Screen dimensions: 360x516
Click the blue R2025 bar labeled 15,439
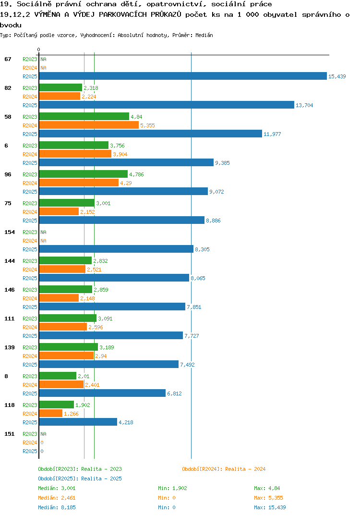tap(183, 76)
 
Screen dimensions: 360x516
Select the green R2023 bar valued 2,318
tap(60, 87)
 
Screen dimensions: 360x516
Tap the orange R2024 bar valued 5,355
tap(89, 125)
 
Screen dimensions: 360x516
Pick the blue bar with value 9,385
tap(126, 162)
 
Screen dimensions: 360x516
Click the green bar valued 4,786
tap(83, 174)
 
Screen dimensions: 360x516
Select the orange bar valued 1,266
tap(50, 413)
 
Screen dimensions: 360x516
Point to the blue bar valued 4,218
tap(78, 422)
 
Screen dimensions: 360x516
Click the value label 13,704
tap(304, 105)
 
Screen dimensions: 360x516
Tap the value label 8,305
tap(202, 249)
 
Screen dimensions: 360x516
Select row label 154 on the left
tap(10, 232)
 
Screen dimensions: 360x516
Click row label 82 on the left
tap(8, 88)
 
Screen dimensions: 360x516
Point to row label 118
tap(10, 405)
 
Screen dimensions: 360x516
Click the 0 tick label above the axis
tap(39, 49)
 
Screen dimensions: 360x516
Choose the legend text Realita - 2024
tap(245, 469)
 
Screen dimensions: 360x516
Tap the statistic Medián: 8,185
tap(57, 507)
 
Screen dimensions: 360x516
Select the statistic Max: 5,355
tap(268, 498)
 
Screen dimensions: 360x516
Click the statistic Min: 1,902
tap(172, 488)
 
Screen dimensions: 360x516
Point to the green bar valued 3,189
tap(68, 347)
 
